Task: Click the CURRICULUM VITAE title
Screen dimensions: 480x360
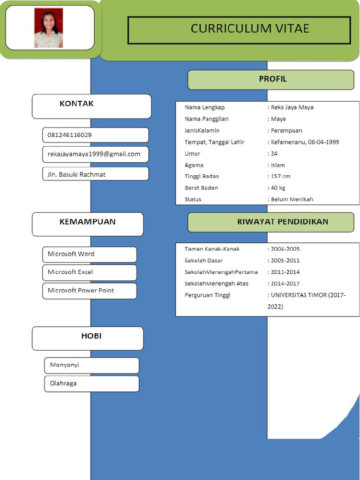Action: coord(249,29)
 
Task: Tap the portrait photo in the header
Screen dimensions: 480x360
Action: coord(48,28)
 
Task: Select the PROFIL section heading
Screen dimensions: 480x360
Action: coord(272,79)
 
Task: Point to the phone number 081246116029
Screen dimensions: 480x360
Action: coord(70,135)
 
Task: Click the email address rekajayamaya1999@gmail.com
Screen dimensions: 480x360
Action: coord(94,154)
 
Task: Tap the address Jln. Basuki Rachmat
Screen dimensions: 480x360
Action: coord(76,174)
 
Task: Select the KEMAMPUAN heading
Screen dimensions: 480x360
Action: coord(87,222)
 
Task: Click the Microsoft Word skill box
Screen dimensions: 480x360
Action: coord(71,254)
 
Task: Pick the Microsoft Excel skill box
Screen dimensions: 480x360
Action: coord(70,272)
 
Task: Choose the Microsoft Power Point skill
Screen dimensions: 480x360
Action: coord(81,291)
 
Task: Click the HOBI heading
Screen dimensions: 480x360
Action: coord(91,336)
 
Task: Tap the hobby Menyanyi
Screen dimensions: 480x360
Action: coord(65,365)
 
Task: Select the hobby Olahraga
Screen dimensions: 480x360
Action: coord(63,383)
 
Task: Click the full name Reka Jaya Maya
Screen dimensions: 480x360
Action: coord(292,107)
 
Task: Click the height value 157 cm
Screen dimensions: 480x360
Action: coord(281,176)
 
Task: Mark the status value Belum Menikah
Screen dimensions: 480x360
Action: coord(292,199)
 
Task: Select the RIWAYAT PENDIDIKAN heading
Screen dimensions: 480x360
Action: coord(283,222)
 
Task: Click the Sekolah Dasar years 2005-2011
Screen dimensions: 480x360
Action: coord(285,261)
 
